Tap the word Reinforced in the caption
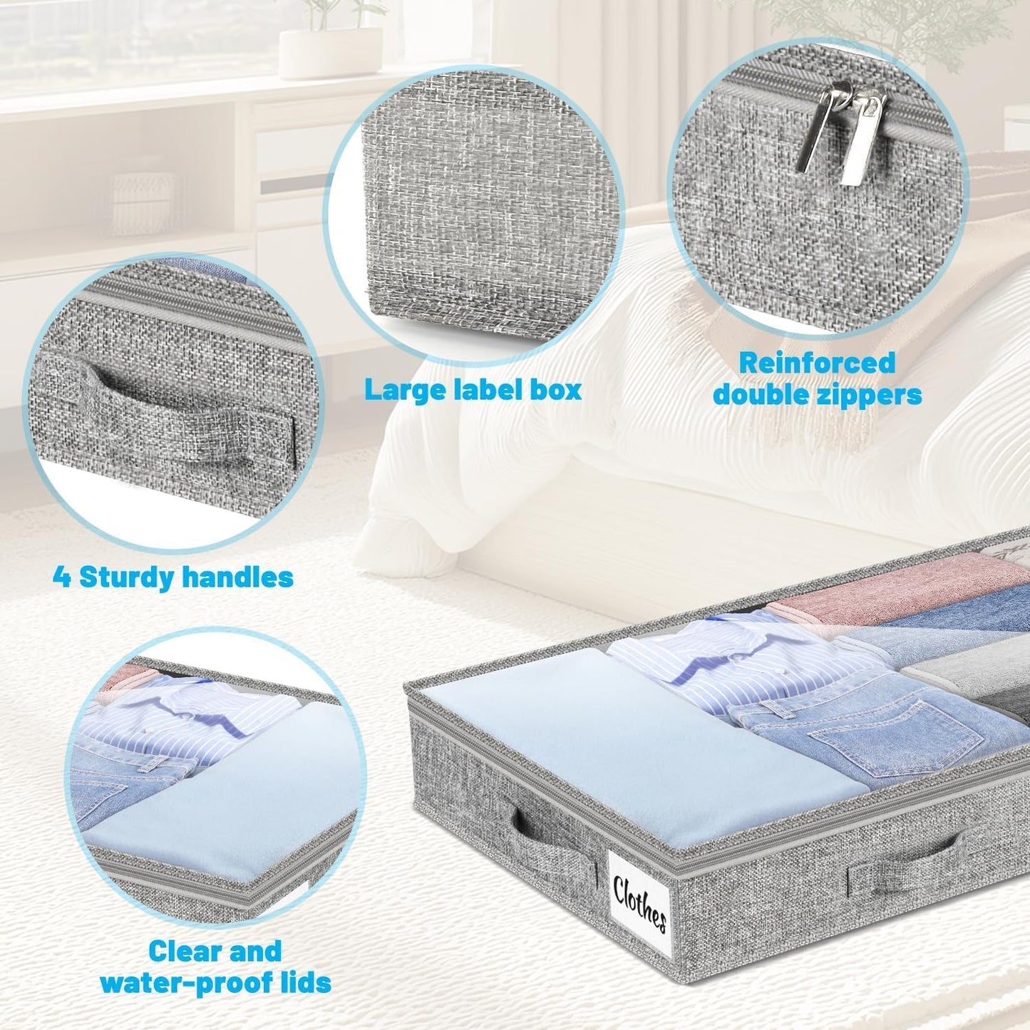coord(816,363)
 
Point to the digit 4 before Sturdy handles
coord(62,577)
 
